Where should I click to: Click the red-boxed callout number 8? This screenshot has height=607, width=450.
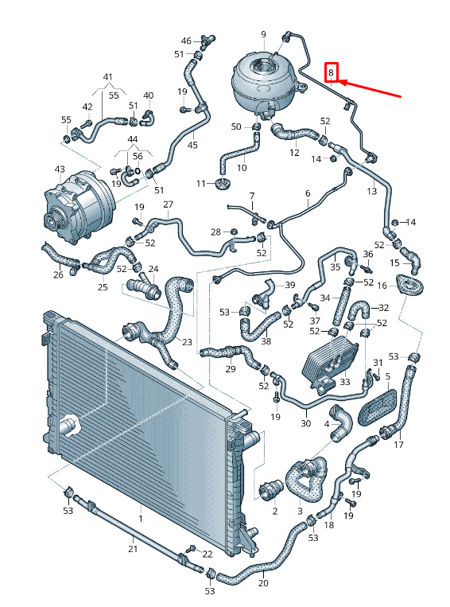332,72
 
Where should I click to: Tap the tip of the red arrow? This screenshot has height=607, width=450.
339,81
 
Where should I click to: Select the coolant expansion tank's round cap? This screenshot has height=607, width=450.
265,66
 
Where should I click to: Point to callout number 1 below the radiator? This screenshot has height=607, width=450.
141,518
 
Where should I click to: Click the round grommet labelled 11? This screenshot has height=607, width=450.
222,184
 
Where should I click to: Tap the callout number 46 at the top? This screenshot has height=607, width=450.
186,41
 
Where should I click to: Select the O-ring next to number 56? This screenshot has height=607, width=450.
138,170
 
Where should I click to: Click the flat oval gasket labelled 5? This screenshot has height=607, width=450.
378,407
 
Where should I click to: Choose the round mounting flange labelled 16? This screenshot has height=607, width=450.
409,286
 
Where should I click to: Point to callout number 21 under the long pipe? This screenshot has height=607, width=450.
133,549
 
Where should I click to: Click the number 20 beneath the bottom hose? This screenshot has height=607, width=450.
263,583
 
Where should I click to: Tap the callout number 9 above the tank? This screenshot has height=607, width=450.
263,34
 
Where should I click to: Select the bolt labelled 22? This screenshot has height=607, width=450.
191,549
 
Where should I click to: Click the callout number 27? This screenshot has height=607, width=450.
168,204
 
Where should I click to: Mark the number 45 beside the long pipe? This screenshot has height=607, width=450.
192,145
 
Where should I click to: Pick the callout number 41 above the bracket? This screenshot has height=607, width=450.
107,76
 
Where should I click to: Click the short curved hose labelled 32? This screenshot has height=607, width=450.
359,311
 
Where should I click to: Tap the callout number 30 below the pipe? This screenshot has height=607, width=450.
305,423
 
